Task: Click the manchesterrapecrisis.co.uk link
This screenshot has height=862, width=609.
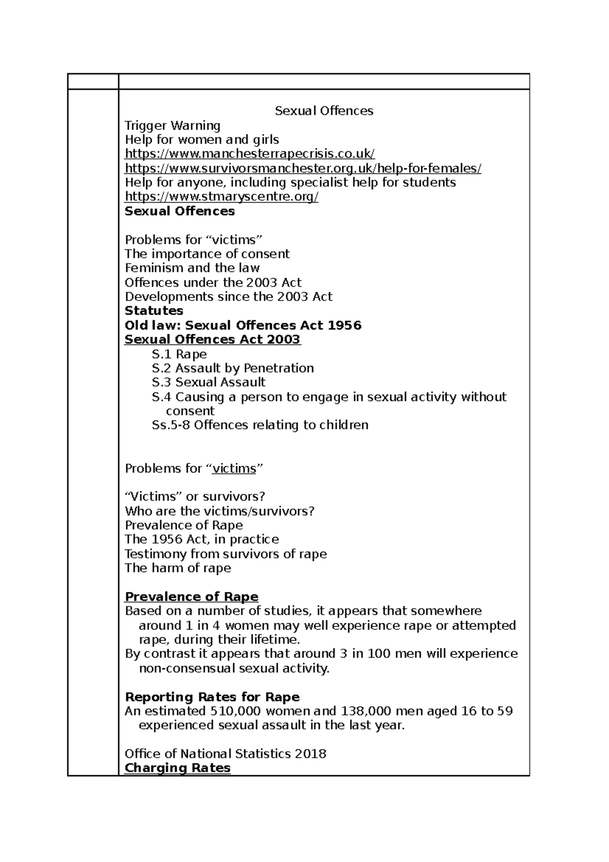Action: tap(250, 154)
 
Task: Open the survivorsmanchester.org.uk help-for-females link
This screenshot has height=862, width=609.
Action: tap(303, 168)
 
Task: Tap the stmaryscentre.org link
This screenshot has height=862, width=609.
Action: tap(221, 196)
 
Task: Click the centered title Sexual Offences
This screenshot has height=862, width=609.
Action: tap(324, 111)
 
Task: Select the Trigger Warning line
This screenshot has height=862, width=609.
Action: tap(173, 125)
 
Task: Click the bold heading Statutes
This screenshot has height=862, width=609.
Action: tap(154, 311)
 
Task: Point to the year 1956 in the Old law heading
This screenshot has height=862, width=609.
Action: tap(344, 325)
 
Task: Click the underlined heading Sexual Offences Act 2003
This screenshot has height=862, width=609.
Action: tap(213, 339)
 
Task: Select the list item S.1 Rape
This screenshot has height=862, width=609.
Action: tap(179, 354)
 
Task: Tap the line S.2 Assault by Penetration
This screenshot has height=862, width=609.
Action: tap(232, 368)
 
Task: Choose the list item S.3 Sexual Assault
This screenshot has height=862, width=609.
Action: tap(209, 382)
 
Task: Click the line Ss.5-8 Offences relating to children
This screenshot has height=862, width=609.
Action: tap(260, 425)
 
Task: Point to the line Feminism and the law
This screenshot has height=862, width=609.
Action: tap(192, 268)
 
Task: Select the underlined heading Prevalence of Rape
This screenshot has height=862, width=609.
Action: tap(191, 596)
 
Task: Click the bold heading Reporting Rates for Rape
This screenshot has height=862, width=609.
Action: tap(212, 697)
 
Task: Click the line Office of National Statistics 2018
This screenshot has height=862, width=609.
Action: tap(225, 754)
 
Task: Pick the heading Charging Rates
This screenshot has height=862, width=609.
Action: tap(177, 768)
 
